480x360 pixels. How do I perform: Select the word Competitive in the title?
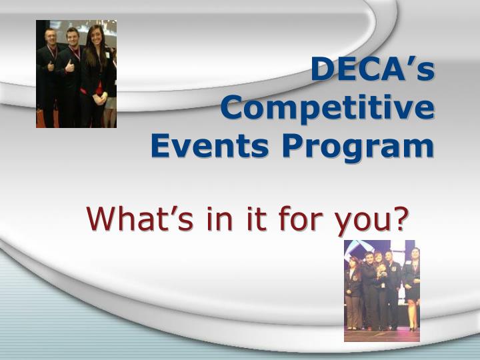[x=327, y=108]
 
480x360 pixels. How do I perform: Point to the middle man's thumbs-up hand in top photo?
[x=69, y=65]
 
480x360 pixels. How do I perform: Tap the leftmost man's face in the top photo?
[x=51, y=37]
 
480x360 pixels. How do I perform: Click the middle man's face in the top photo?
[x=73, y=37]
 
